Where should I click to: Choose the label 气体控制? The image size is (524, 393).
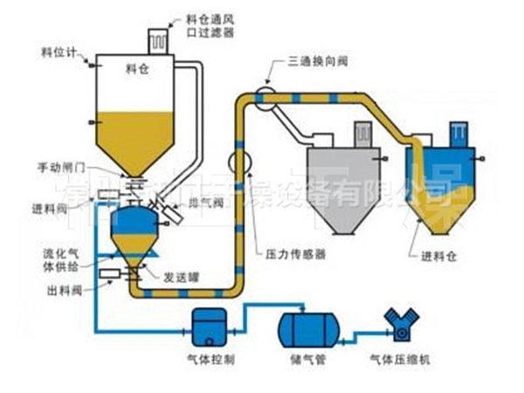click(x=210, y=360)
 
